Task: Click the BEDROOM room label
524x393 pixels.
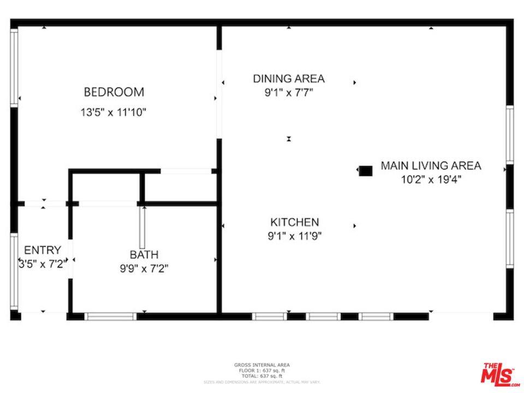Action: (x=114, y=92)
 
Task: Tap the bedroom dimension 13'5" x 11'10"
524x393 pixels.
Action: (x=114, y=112)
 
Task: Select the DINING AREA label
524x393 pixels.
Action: (x=288, y=79)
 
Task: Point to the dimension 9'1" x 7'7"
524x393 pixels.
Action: (x=288, y=93)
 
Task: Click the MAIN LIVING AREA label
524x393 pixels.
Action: (x=431, y=165)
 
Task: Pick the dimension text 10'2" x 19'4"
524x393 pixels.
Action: (x=431, y=179)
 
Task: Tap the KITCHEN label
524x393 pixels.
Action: (x=294, y=222)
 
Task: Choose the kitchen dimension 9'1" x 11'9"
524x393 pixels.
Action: (x=294, y=236)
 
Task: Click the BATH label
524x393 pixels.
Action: (x=144, y=254)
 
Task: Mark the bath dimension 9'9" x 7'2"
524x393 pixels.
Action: (x=144, y=268)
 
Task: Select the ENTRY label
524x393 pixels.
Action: (x=43, y=251)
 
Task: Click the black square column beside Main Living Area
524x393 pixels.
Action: (x=365, y=171)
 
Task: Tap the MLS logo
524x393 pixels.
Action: (x=498, y=374)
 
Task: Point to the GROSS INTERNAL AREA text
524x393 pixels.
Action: (x=262, y=365)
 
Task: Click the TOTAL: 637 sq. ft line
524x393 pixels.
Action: (x=262, y=376)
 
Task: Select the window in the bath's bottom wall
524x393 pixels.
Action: (x=111, y=316)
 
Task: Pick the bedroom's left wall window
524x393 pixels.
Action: (x=14, y=67)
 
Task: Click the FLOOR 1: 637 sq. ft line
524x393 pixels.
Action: (x=262, y=371)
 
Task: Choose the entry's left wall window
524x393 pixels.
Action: (x=14, y=273)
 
